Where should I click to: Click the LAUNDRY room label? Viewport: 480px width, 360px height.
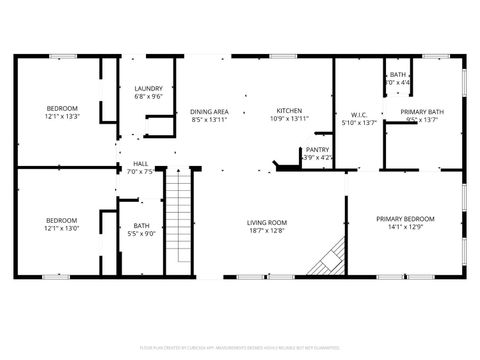tap(148, 88)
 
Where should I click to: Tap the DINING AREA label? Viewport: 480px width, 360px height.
tap(209, 110)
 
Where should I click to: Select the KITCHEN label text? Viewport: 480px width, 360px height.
tap(290, 110)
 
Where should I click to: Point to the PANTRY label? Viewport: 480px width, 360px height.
tap(317, 149)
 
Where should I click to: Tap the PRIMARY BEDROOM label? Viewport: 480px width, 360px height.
tap(405, 218)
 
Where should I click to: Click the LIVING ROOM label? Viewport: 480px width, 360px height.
tap(267, 222)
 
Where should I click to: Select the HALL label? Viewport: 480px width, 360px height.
tap(140, 163)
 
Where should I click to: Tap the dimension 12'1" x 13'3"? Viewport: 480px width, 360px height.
tap(61, 116)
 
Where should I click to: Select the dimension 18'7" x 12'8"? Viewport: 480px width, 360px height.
tap(267, 230)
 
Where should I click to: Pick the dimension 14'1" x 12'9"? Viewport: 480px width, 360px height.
tap(405, 226)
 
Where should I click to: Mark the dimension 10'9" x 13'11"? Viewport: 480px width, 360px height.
tap(290, 119)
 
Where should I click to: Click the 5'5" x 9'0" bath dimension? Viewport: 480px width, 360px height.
tap(141, 234)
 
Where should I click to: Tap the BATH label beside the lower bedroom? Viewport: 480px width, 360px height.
tap(141, 225)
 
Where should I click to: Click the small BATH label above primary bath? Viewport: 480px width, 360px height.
tap(397, 74)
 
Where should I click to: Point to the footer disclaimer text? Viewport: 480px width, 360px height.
tap(240, 347)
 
